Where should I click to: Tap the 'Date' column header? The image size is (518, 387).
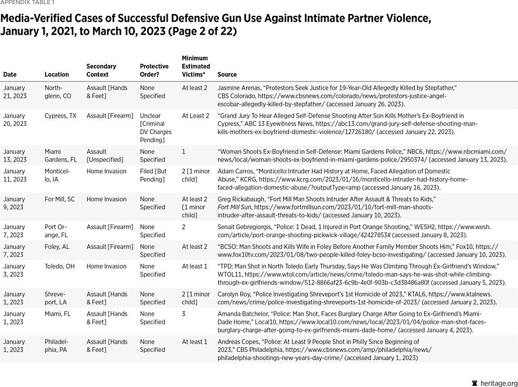(10, 74)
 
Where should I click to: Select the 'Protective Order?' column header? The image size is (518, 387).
(154, 70)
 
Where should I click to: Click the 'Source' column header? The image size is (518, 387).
(227, 74)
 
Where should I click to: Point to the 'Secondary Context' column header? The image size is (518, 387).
(101, 70)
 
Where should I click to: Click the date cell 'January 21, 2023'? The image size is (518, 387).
(15, 91)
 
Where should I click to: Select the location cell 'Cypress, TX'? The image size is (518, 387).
(60, 116)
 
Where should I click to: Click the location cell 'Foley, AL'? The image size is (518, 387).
(57, 247)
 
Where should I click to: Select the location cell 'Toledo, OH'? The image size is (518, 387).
(59, 266)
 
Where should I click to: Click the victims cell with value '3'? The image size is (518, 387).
(184, 314)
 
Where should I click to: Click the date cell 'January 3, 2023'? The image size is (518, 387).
(15, 270)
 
